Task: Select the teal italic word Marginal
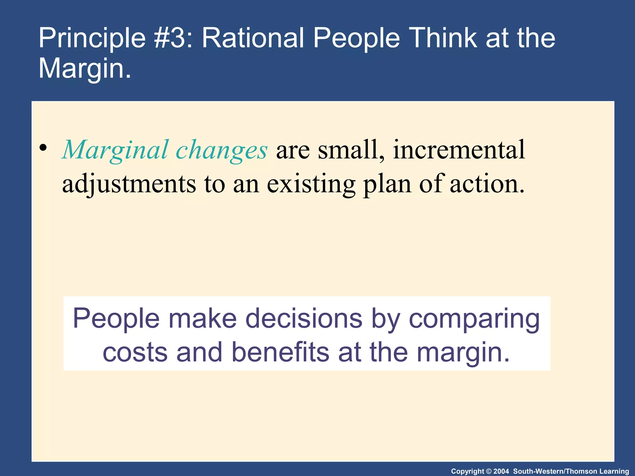(x=115, y=151)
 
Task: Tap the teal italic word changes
(x=221, y=151)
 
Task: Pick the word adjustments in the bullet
(x=129, y=184)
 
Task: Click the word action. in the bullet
(x=487, y=184)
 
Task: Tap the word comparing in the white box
(x=474, y=319)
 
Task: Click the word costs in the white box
(x=135, y=352)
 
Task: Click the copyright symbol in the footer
(x=489, y=471)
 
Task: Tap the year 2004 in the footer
(x=501, y=471)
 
